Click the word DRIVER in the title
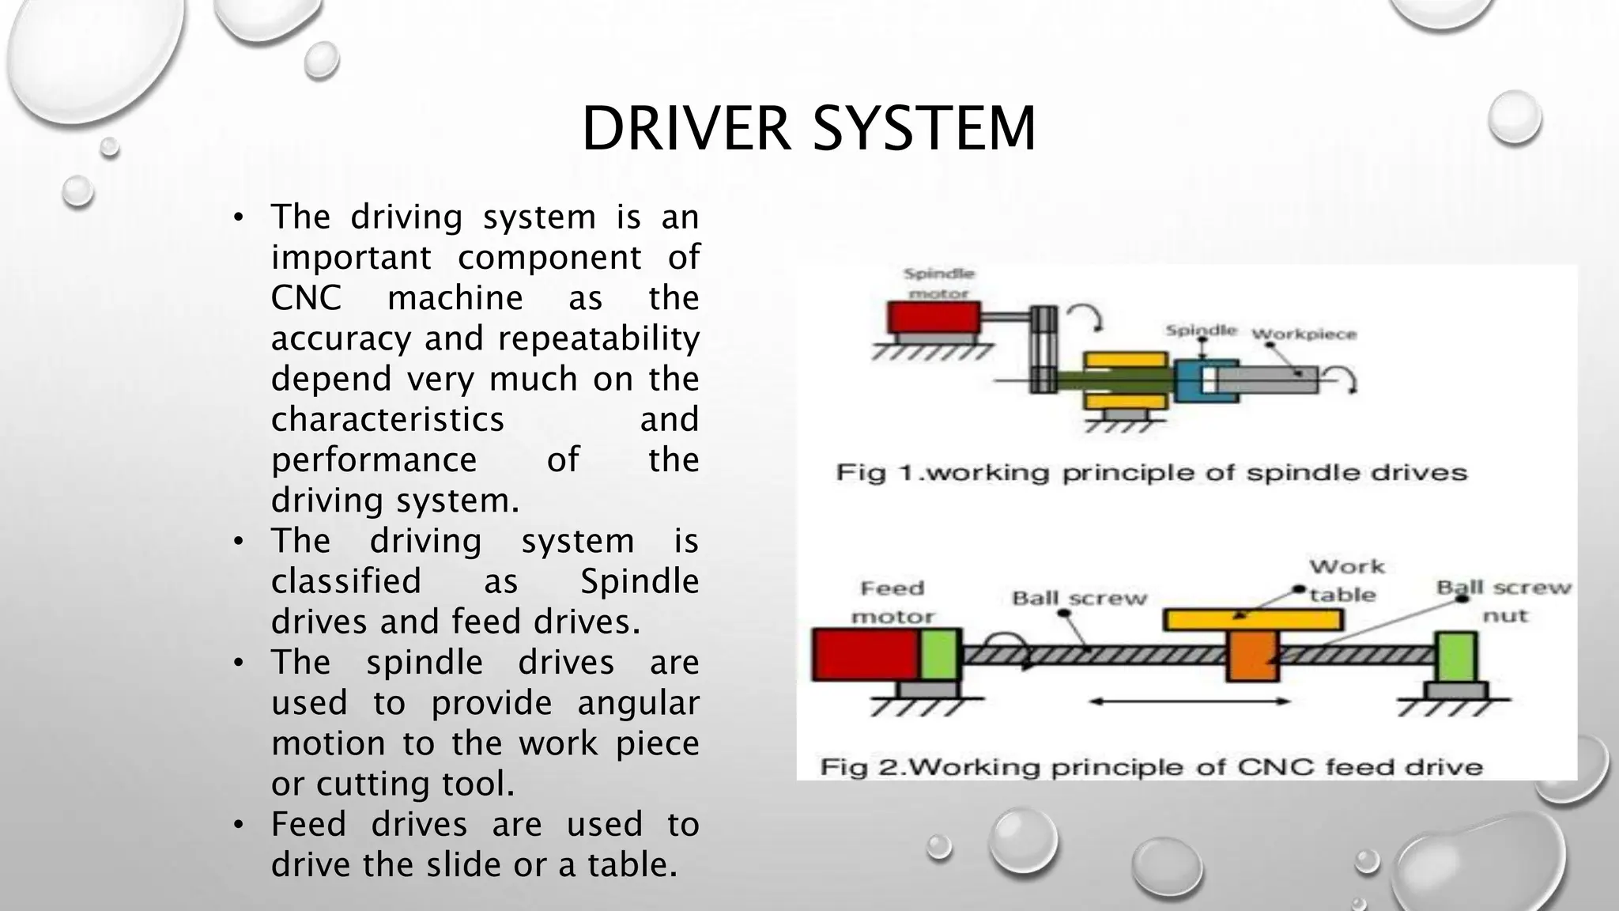pyautogui.click(x=685, y=129)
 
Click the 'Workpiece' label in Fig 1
pyautogui.click(x=1304, y=335)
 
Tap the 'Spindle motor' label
pyautogui.click(x=939, y=283)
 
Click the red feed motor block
pyautogui.click(x=866, y=655)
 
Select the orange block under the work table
pyautogui.click(x=1251, y=656)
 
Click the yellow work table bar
pyautogui.click(x=1253, y=619)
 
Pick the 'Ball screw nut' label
pyautogui.click(x=1504, y=601)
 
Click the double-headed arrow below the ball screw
pyautogui.click(x=1189, y=701)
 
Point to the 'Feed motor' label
pyautogui.click(x=893, y=602)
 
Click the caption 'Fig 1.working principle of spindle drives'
pyautogui.click(x=1151, y=473)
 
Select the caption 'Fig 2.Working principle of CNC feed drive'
pyautogui.click(x=1151, y=767)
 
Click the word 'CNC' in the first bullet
pyautogui.click(x=306, y=298)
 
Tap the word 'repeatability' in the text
pyautogui.click(x=598, y=338)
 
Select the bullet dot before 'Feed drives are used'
pyautogui.click(x=239, y=826)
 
